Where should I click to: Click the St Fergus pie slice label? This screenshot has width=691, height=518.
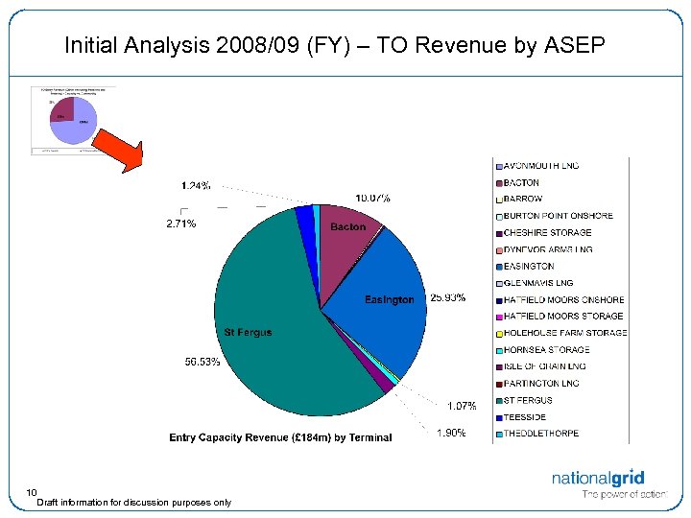(248, 333)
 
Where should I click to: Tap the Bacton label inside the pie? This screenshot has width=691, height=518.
(347, 227)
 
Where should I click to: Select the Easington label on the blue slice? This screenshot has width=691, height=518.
(390, 300)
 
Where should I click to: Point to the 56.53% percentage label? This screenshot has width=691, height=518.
(203, 362)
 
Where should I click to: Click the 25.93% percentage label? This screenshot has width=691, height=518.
(448, 297)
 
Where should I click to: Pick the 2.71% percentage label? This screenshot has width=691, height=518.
(180, 224)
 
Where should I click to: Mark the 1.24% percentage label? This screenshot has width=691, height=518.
(197, 185)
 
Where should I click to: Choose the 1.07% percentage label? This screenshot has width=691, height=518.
(462, 406)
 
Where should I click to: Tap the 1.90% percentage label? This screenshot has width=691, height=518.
(451, 433)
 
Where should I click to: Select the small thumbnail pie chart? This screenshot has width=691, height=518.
(72, 117)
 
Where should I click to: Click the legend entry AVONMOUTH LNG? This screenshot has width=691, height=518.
(541, 166)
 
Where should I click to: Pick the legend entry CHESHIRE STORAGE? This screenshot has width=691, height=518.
(547, 233)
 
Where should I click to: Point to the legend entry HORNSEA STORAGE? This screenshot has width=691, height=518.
(546, 350)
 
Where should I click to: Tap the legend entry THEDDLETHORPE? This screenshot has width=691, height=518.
(541, 434)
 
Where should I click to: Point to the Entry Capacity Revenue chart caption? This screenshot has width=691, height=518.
(280, 437)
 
